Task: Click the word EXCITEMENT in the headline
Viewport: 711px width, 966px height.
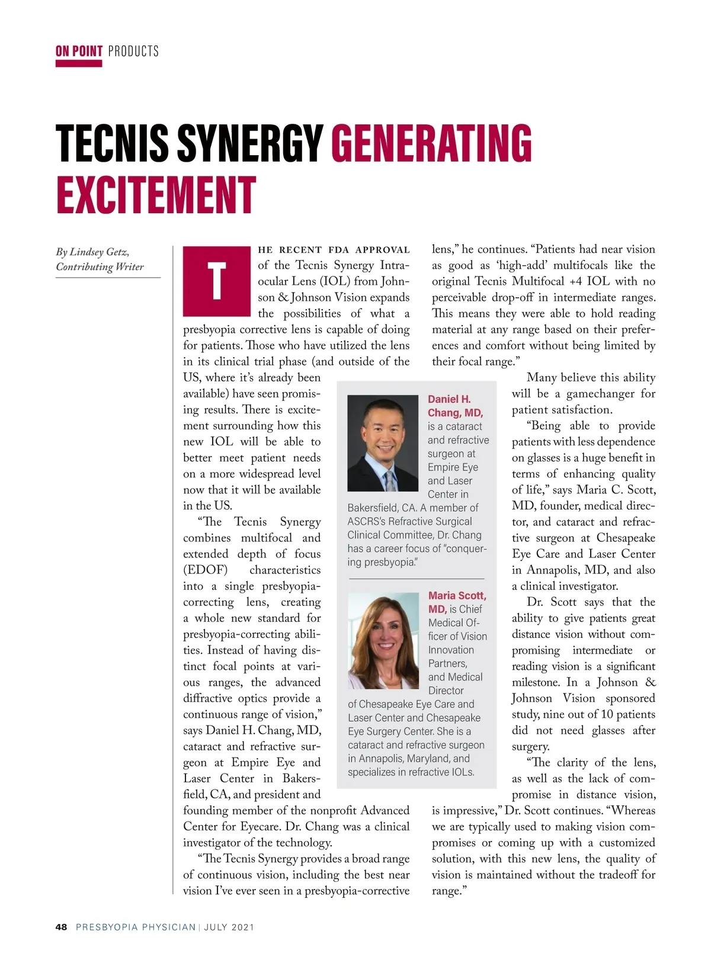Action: pos(156,195)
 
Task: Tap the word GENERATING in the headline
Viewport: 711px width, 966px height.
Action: pos(431,143)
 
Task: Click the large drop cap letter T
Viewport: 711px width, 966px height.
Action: pos(217,281)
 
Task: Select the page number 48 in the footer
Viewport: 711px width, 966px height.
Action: pos(62,927)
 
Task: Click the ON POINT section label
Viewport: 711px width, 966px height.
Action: pos(79,51)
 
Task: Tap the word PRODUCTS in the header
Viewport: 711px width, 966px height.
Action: pos(133,51)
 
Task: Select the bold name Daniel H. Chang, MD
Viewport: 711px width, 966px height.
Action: pos(455,406)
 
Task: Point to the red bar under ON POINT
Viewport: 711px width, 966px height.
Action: pos(79,63)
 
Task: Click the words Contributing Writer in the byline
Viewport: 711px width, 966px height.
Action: pos(100,267)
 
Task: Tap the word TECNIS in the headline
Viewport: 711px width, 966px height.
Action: pos(113,143)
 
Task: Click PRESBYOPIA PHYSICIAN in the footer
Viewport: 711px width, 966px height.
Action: pos(136,927)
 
